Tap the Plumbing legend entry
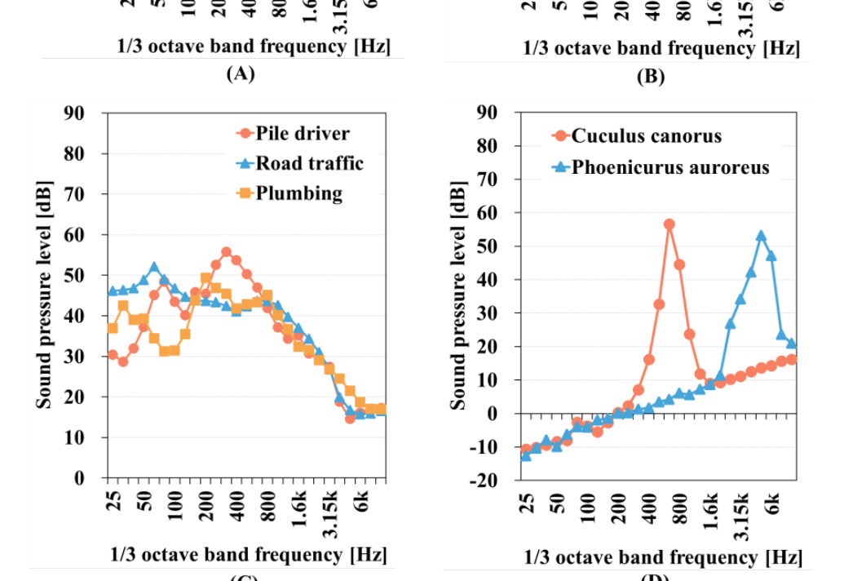tap(289, 193)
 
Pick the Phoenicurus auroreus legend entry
tap(661, 167)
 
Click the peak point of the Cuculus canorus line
tap(669, 224)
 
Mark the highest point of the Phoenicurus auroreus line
tap(761, 236)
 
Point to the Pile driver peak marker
tap(226, 252)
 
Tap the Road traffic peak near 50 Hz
tap(154, 267)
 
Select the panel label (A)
tap(240, 74)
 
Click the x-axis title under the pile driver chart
tap(249, 555)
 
